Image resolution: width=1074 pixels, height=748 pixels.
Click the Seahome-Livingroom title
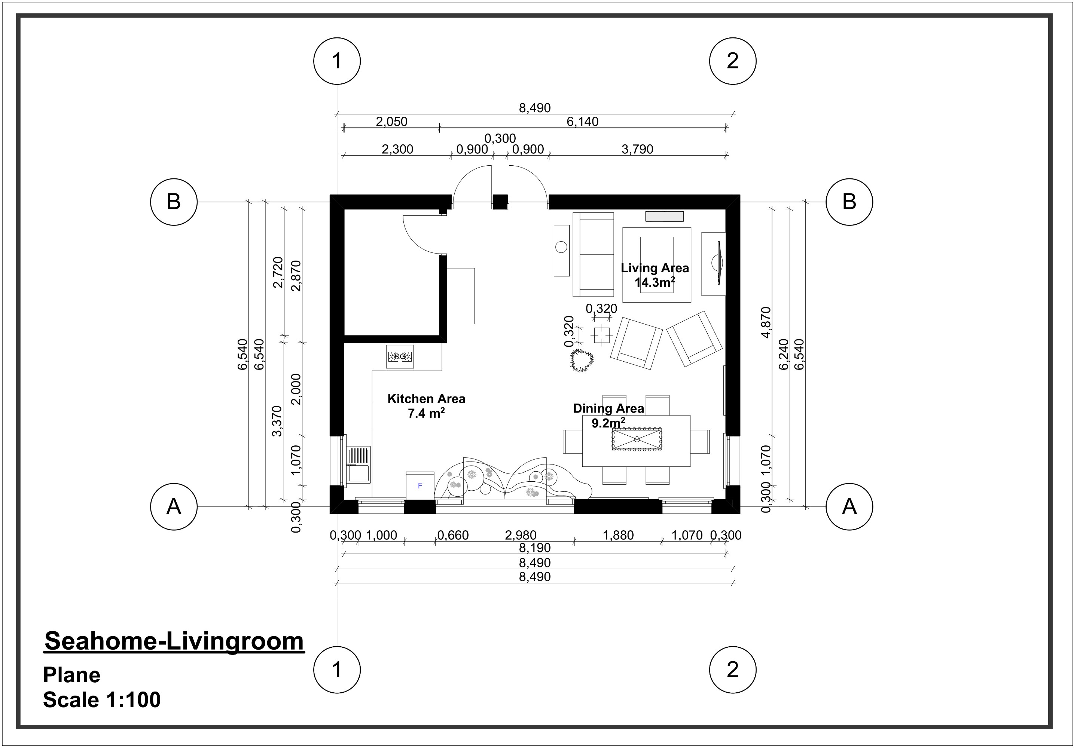point(174,641)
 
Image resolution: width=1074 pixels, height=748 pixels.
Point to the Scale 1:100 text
point(102,700)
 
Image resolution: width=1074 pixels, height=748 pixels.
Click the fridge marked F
point(419,486)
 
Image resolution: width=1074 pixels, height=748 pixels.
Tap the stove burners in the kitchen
point(400,357)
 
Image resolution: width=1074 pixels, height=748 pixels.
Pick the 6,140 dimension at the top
point(582,122)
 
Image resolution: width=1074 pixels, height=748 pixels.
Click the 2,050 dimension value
point(391,122)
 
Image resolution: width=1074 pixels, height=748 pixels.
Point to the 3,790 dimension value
point(637,149)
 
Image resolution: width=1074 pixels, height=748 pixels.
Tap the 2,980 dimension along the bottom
point(521,535)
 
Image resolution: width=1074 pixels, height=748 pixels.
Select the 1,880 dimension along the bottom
point(618,535)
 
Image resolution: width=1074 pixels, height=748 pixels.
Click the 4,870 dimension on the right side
point(766,322)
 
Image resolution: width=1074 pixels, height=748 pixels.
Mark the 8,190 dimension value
point(535,548)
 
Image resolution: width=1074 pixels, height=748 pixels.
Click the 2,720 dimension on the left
point(278,272)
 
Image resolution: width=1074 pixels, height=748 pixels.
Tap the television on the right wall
point(718,263)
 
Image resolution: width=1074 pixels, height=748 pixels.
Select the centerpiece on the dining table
point(637,439)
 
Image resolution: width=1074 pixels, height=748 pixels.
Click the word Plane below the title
point(71,675)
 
